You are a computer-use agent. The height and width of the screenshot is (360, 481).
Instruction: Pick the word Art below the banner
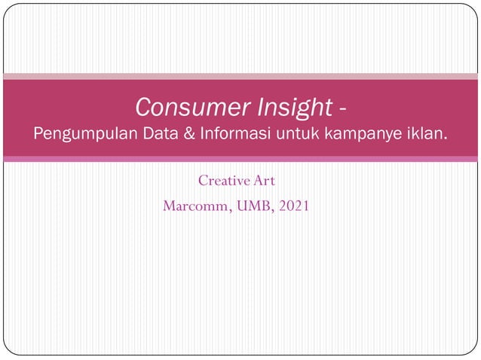265,181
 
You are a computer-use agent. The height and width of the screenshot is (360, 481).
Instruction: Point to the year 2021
293,205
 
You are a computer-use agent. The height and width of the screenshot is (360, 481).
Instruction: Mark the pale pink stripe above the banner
240,76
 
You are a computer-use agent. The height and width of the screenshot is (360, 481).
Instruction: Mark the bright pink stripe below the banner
240,159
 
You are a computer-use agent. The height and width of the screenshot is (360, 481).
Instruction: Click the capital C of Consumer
144,109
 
